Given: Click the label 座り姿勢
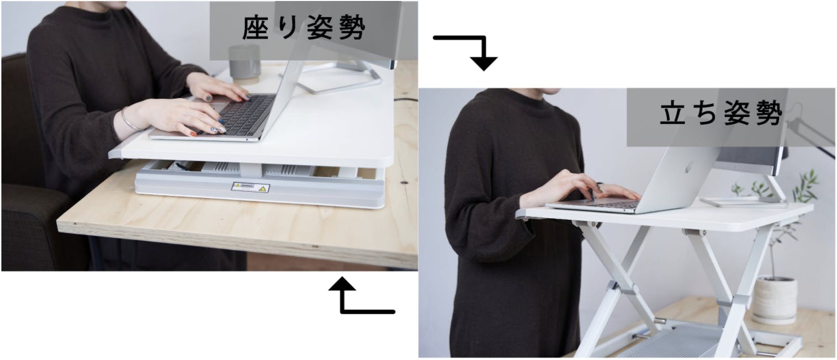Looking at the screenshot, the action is point(304,28).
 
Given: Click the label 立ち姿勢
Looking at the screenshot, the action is point(721,113).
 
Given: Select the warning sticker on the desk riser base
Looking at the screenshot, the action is point(250,187).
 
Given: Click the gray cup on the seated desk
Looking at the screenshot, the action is point(245,64).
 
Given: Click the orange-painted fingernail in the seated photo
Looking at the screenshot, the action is point(193,134).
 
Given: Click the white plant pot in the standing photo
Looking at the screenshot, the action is point(775,299).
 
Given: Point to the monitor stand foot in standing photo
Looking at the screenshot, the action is point(744,202).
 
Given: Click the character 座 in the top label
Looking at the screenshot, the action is point(255,28).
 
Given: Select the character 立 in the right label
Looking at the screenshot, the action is point(672,113).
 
